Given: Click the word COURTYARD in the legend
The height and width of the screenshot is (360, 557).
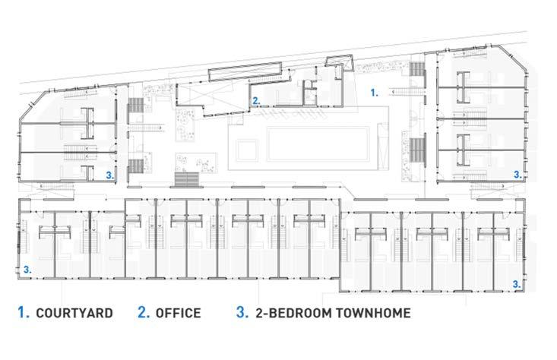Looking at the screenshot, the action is tap(74, 313).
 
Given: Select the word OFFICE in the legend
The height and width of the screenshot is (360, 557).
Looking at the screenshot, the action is tap(179, 313).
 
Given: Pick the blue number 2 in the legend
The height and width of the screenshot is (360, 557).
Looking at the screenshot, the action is tap(144, 312).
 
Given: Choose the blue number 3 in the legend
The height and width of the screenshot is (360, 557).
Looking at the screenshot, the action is tap(242, 312).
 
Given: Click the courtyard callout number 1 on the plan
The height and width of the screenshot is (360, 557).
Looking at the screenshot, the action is tap(375, 93).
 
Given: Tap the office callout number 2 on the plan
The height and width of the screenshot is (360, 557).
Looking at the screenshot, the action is tap(256, 101).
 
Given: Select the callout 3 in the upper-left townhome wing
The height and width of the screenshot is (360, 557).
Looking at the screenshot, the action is tap(110, 175).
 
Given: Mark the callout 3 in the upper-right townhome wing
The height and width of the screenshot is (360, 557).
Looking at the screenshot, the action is tap(517, 175).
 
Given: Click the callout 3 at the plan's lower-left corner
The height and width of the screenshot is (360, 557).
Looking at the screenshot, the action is tap(27, 270).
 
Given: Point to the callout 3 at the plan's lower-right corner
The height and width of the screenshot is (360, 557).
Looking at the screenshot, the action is tap(517, 284).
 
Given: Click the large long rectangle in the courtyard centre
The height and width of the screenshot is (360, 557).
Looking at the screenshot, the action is tap(318, 144).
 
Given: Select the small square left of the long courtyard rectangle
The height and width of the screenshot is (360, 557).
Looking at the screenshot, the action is tap(247, 151).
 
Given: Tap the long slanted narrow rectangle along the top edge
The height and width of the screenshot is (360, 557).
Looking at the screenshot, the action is tap(245, 71).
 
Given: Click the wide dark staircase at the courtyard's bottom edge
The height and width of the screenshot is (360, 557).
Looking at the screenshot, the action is tap(187, 179).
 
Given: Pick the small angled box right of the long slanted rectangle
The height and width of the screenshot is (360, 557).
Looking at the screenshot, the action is tap(340, 63).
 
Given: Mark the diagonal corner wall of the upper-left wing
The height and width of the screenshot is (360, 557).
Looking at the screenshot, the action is tap(33, 105).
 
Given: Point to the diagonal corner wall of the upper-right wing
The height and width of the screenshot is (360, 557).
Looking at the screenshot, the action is tap(514, 58).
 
